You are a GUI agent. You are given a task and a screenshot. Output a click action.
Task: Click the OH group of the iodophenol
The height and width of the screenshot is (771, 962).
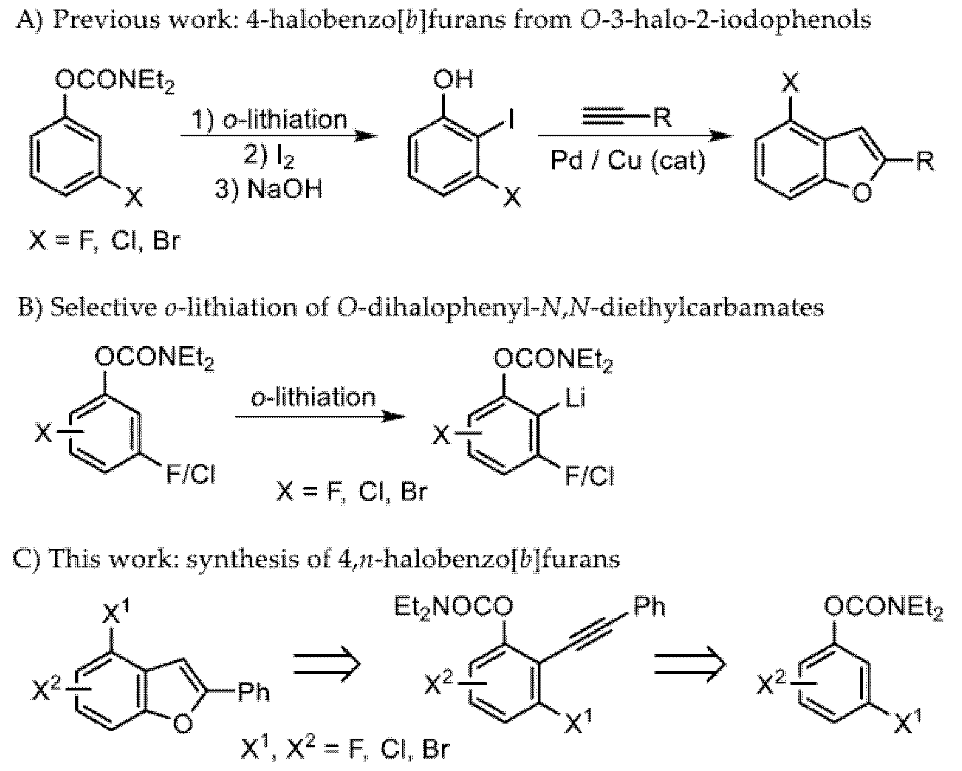pyautogui.click(x=453, y=80)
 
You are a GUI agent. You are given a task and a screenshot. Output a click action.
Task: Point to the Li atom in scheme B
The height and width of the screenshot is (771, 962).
pyautogui.click(x=575, y=398)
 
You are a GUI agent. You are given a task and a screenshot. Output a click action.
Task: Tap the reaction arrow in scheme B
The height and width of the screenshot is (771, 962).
pyautogui.click(x=320, y=417)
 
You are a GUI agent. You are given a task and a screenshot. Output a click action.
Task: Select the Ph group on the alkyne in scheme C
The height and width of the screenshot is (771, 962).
pyautogui.click(x=649, y=607)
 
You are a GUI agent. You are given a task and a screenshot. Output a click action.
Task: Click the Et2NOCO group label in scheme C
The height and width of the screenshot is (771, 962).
pyautogui.click(x=453, y=607)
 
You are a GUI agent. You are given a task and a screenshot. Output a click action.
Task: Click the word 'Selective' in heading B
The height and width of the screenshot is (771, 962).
pyautogui.click(x=103, y=308)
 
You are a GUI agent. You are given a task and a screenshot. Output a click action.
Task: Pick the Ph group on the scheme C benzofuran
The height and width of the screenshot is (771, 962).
pyautogui.click(x=253, y=693)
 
